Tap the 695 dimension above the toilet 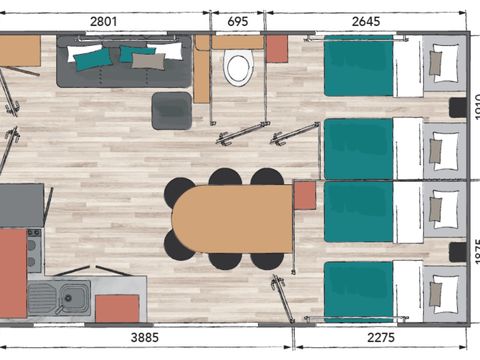(238, 21)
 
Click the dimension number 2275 (385, 339)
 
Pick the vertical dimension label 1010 (474, 104)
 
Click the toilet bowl (238, 68)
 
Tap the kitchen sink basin (70, 296)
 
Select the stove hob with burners (34, 250)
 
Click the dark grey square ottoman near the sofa (171, 109)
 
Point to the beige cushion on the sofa (148, 61)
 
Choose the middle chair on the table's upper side (226, 178)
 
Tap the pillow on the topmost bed (438, 64)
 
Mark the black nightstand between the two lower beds (458, 251)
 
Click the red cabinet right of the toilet (277, 48)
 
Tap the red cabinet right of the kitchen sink (117, 309)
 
